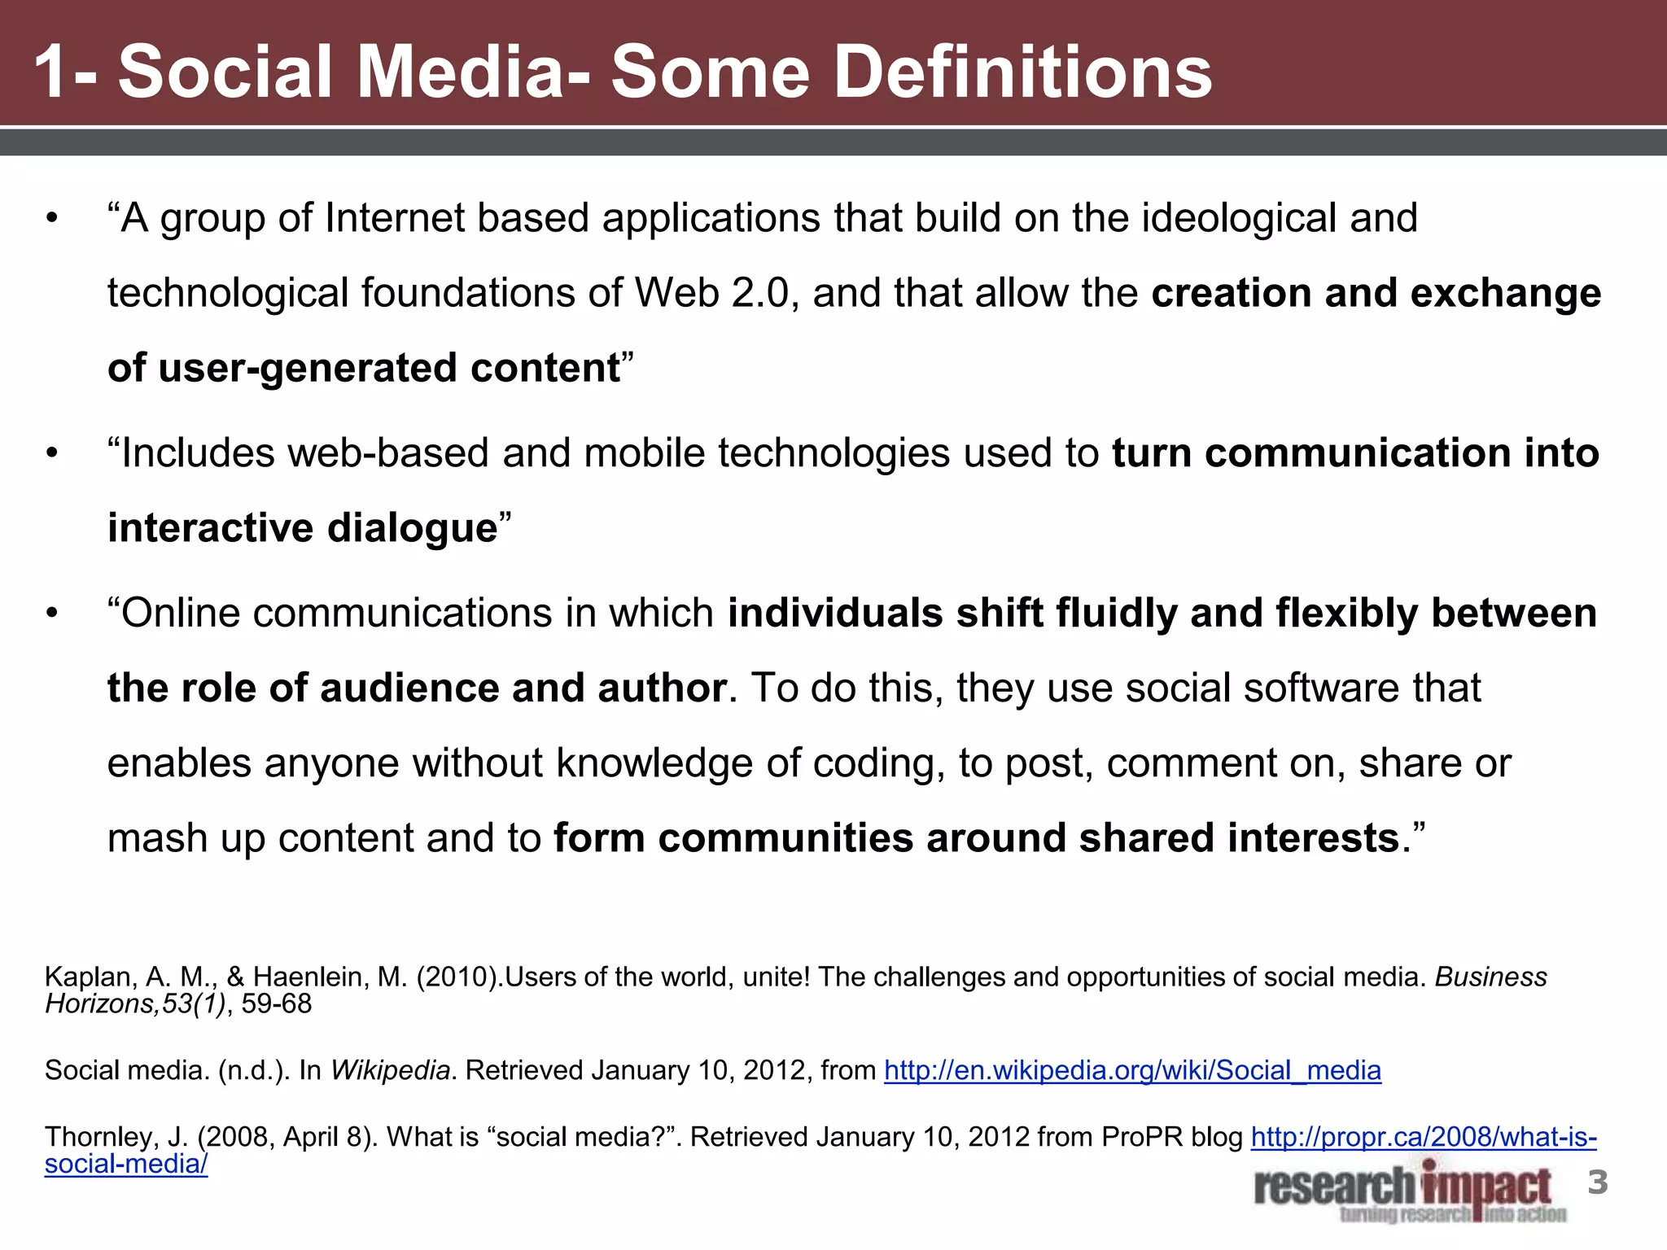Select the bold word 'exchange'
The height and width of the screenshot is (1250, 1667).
coord(1505,293)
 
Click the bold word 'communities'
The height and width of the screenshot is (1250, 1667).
coord(785,838)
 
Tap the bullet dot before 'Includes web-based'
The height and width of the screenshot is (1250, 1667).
coord(53,454)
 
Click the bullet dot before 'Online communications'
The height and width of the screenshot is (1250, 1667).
coord(53,614)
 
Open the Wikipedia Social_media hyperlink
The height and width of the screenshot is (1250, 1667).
coord(1132,1070)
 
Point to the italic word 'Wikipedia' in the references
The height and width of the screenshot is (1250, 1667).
coord(390,1070)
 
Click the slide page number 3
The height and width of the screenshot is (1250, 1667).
coord(1598,1182)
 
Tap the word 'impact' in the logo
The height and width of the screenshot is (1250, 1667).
coord(1487,1187)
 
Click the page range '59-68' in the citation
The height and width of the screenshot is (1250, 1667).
coord(277,1004)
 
